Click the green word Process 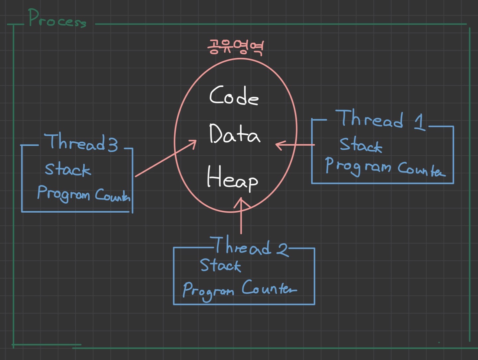(x=57, y=19)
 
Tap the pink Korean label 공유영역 (x=235, y=47)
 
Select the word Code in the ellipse (x=234, y=96)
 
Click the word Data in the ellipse (x=234, y=134)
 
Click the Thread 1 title (x=381, y=119)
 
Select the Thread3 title (x=82, y=142)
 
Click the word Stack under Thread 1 (x=360, y=145)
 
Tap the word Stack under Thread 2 (x=220, y=265)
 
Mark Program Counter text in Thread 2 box (x=239, y=289)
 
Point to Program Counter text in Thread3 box (x=84, y=194)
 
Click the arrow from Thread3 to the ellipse (x=166, y=158)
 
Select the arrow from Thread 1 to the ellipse (x=295, y=145)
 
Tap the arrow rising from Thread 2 (x=241, y=216)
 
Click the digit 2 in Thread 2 (x=282, y=249)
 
